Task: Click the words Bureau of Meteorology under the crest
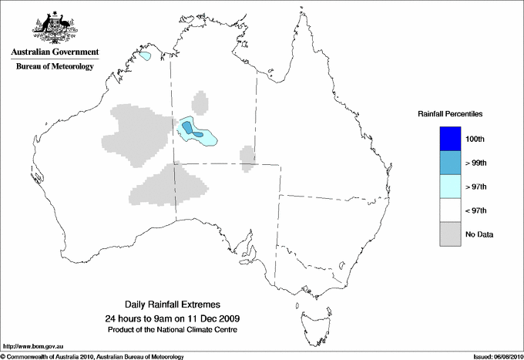[x=54, y=67]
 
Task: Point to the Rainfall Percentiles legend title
[x=450, y=114]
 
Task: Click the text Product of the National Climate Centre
[x=171, y=330]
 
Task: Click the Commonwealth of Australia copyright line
[x=92, y=356]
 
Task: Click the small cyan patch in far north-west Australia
[x=146, y=56]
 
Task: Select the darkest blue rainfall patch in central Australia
[x=188, y=128]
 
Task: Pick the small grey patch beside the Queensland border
[x=247, y=156]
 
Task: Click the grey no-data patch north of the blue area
[x=200, y=103]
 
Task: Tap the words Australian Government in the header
[x=54, y=52]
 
